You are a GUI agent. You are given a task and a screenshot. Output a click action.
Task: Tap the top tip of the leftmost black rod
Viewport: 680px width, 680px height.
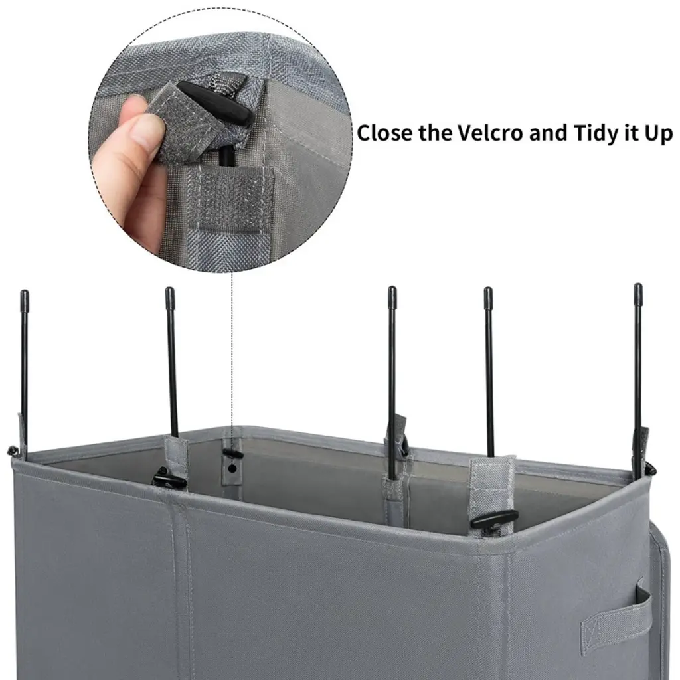click(x=24, y=292)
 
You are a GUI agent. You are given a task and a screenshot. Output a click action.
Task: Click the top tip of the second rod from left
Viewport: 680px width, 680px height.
click(x=169, y=289)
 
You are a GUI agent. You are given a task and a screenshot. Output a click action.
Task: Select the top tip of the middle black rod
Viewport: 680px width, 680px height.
click(x=392, y=288)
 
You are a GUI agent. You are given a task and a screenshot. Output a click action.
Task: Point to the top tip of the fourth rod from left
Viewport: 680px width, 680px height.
click(x=488, y=289)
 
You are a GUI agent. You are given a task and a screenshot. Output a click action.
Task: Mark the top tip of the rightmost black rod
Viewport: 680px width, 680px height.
click(x=637, y=285)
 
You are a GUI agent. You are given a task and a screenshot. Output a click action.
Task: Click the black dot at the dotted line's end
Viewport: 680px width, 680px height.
click(x=232, y=468)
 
